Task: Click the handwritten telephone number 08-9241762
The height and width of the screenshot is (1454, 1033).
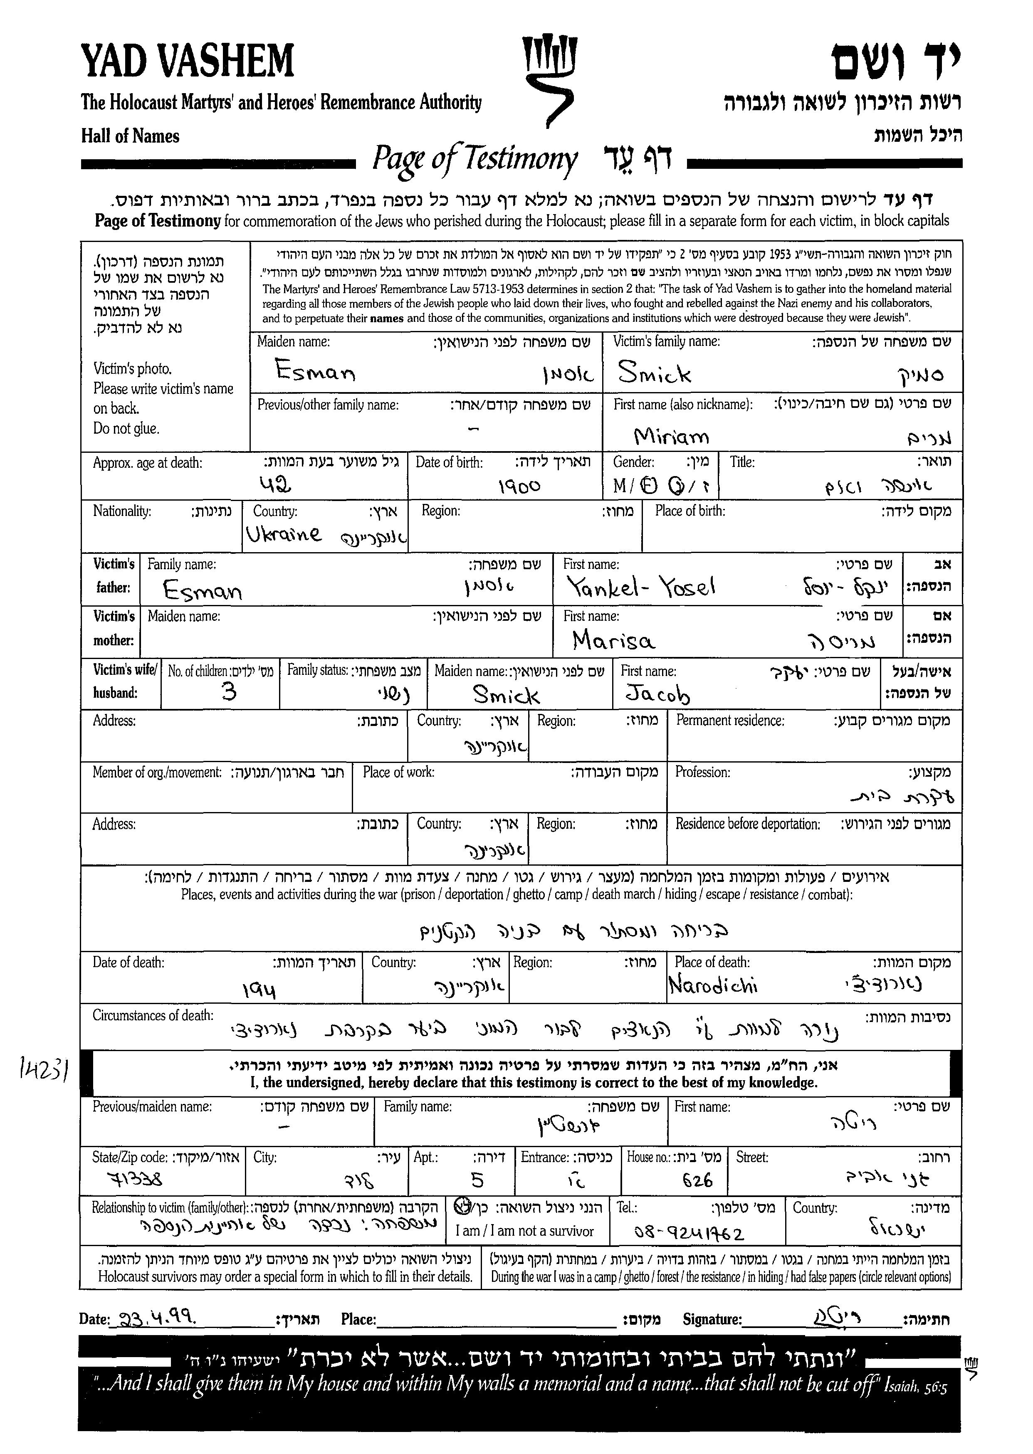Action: tap(689, 1233)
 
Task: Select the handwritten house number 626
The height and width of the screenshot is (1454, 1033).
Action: tap(697, 1180)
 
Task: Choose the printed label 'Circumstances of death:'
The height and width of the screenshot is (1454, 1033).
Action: tap(153, 1016)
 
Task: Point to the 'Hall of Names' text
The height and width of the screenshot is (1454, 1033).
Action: tap(131, 136)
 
